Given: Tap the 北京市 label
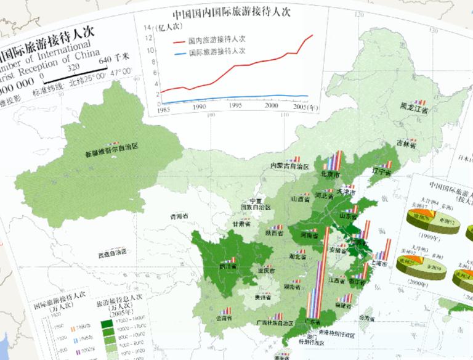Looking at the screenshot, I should point(331,174).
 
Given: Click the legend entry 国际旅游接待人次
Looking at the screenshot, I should point(216,53).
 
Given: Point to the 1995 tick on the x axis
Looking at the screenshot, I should point(235,106).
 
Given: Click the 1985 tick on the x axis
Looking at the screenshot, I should point(163,109).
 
